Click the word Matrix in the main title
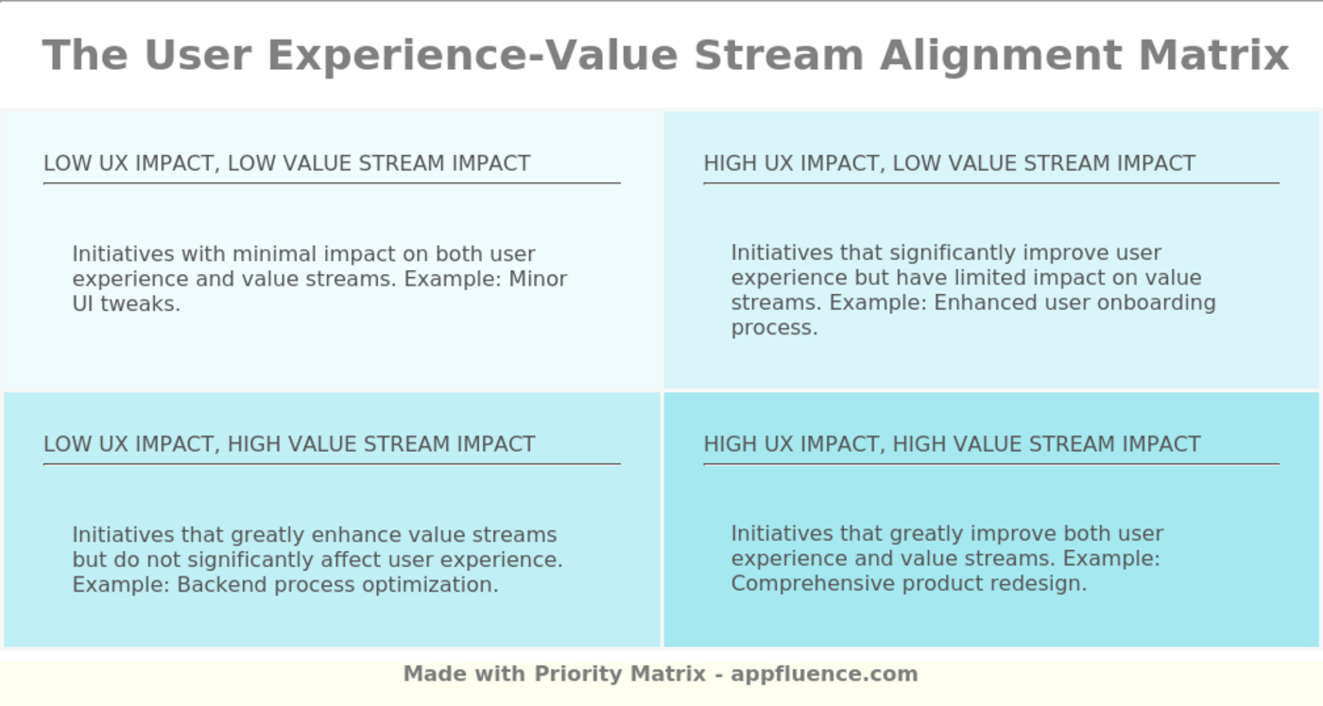1213,55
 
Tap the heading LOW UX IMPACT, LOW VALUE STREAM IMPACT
286,164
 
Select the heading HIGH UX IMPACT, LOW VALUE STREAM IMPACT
949,164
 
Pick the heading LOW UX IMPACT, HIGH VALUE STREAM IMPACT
289,444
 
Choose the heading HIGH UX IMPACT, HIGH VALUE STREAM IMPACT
952,444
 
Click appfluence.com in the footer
824,674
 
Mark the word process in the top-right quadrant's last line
773,328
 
